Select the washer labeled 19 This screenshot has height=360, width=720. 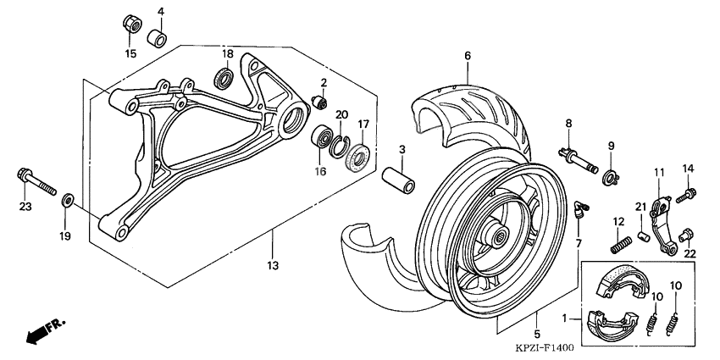[x=67, y=202]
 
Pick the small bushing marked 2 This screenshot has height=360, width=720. [x=320, y=102]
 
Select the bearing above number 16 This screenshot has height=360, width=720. [x=324, y=136]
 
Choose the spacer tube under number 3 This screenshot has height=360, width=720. [x=397, y=183]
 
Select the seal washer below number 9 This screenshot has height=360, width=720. [x=609, y=178]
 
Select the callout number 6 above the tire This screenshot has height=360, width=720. [x=466, y=55]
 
